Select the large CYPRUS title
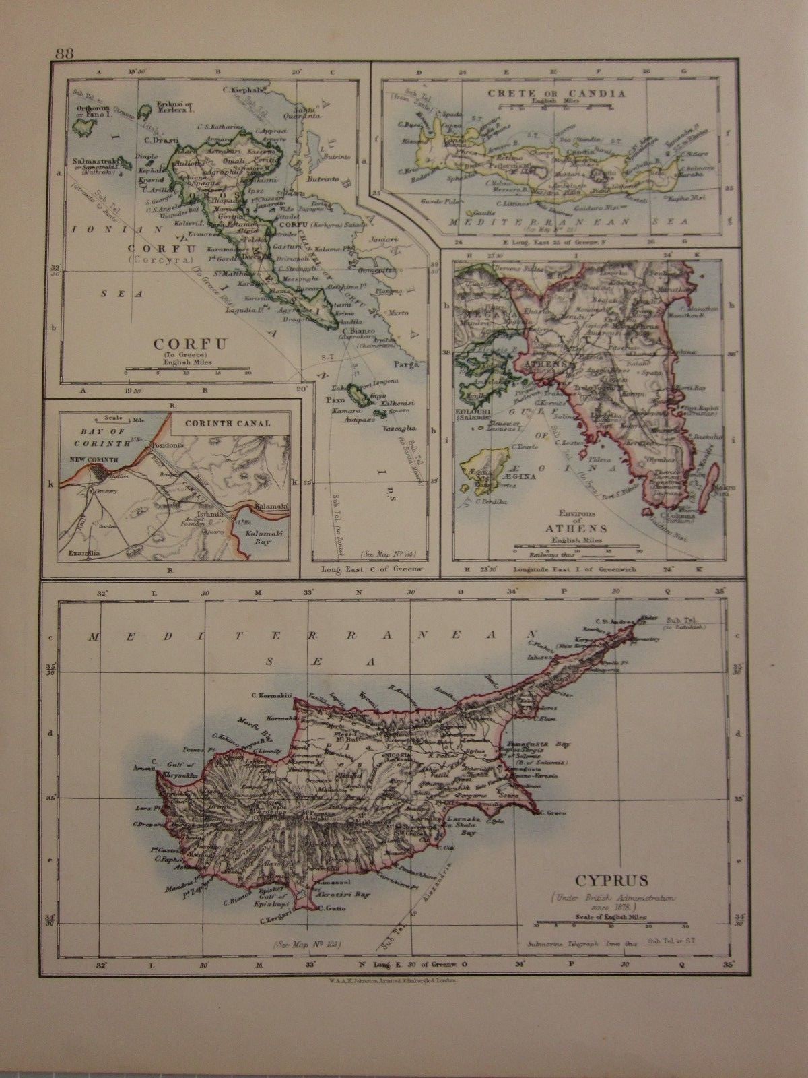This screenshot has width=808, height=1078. click(x=612, y=879)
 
